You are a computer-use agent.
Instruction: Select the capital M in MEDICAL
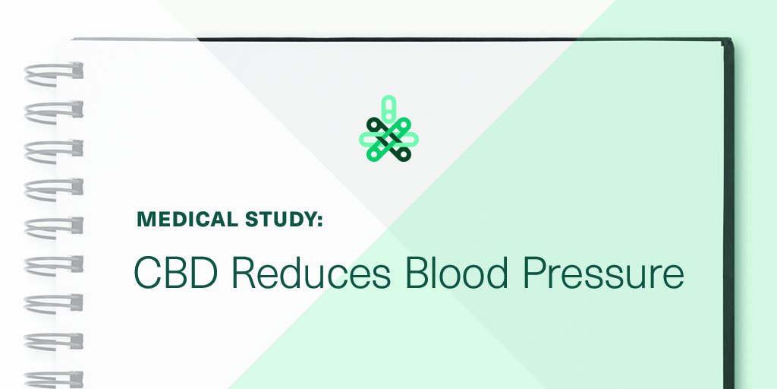pyautogui.click(x=145, y=220)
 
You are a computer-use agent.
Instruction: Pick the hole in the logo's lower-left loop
pyautogui.click(x=373, y=154)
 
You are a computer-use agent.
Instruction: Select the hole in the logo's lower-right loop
pyautogui.click(x=404, y=154)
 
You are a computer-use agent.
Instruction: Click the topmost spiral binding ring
pyautogui.click(x=53, y=73)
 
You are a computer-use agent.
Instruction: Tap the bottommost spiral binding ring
pyautogui.click(x=53, y=378)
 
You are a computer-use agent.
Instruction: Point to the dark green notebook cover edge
pyautogui.click(x=731, y=190)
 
